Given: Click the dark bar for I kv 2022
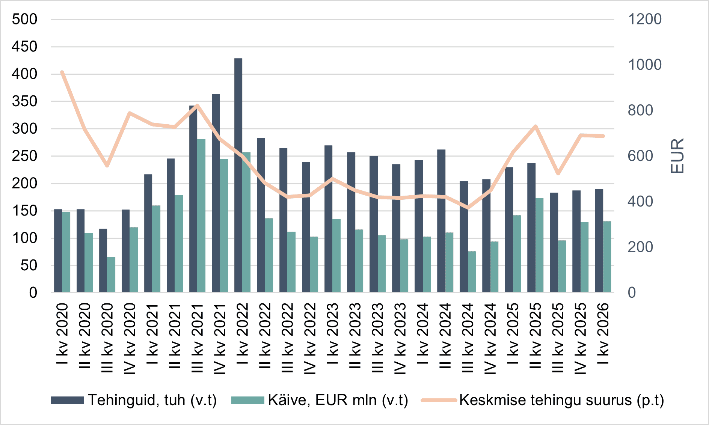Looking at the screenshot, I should pyautogui.click(x=238, y=175).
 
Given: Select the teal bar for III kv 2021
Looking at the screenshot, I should pyautogui.click(x=202, y=216).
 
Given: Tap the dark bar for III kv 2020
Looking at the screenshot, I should pyautogui.click(x=103, y=261).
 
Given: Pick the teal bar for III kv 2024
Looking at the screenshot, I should pyautogui.click(x=472, y=272).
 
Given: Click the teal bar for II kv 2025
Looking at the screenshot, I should pyautogui.click(x=540, y=245).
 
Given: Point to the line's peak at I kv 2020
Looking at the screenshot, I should pyautogui.click(x=62, y=72).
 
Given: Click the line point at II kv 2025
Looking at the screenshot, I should pyautogui.click(x=536, y=126).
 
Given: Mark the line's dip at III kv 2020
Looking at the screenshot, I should pyautogui.click(x=107, y=166).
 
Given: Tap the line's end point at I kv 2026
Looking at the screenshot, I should pyautogui.click(x=603, y=136).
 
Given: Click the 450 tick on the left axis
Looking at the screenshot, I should pyautogui.click(x=24, y=47).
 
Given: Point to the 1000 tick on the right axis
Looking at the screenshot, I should pyautogui.click(x=645, y=65).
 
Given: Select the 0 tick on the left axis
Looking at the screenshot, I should pyautogui.click(x=33, y=293).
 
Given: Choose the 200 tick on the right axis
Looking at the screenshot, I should pyautogui.click(x=640, y=247).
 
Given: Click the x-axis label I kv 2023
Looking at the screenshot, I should pyautogui.click(x=333, y=333).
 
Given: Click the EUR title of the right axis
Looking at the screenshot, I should pyautogui.click(x=677, y=156).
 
